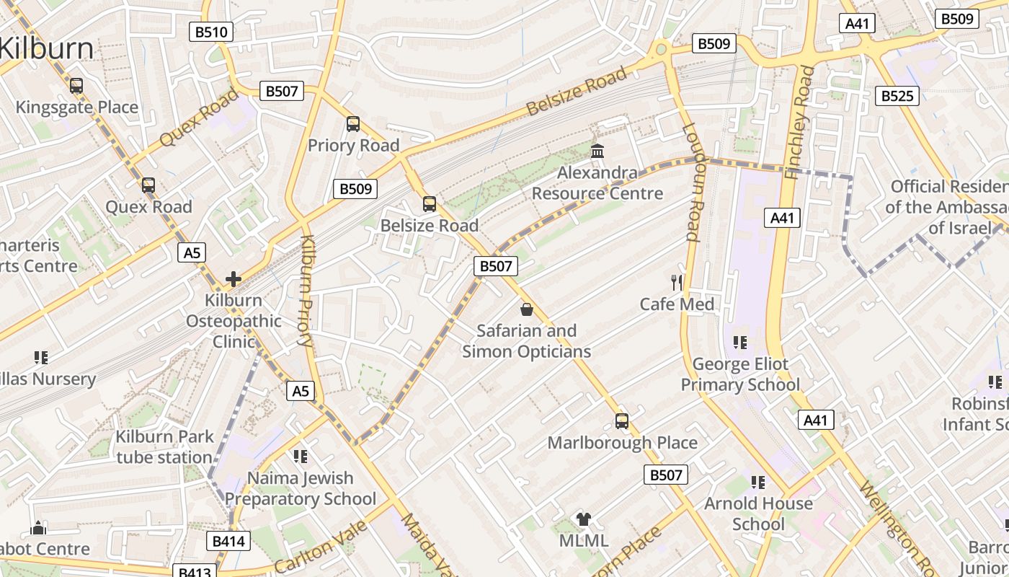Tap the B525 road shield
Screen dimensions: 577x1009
click(897, 96)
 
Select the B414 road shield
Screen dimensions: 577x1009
click(229, 541)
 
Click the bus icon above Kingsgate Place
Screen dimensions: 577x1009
click(76, 86)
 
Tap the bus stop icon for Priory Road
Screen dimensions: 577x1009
click(353, 124)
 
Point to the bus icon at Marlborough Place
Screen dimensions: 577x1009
click(622, 421)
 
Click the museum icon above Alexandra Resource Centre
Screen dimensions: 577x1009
click(597, 151)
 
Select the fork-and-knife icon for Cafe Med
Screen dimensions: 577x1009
click(677, 283)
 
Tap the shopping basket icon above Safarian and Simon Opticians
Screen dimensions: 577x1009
click(527, 309)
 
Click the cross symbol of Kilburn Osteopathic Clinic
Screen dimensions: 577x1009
click(234, 279)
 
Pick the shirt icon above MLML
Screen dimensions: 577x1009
click(584, 519)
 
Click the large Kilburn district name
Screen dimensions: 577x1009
click(47, 48)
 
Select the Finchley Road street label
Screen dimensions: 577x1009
click(799, 123)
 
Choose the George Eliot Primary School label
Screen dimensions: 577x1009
click(740, 374)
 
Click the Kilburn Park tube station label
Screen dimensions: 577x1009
click(165, 446)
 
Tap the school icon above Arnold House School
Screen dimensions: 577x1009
click(757, 482)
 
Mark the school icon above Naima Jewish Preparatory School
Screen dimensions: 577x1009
click(301, 457)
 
